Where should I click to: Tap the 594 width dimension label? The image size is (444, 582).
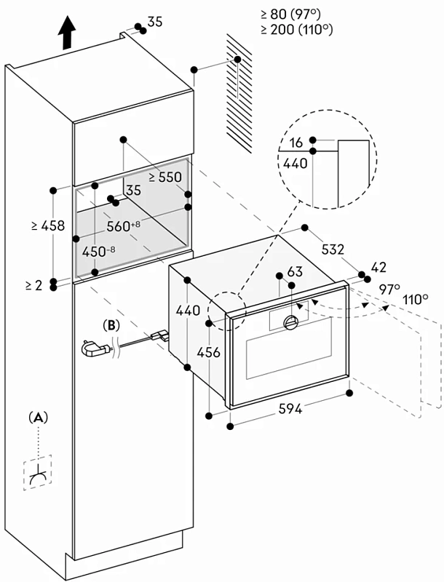point(290,409)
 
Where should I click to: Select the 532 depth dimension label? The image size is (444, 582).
point(333,250)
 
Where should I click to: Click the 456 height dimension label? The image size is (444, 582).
point(209,352)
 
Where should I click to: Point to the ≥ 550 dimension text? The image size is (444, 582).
point(165,177)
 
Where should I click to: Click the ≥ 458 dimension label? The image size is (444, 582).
point(48,226)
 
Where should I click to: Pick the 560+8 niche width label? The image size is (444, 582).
point(123,226)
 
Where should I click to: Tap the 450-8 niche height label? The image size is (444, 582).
point(98,252)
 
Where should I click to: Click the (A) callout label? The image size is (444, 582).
point(39,418)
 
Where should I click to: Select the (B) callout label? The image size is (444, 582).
point(111,325)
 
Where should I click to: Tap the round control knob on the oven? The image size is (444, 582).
point(290,322)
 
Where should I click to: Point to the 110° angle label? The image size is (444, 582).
point(415,299)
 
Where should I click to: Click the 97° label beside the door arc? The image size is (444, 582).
point(390,289)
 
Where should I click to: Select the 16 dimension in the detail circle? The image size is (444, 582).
point(296,142)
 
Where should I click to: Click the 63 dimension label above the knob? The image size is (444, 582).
point(295,271)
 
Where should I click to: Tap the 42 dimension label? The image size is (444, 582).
point(378,267)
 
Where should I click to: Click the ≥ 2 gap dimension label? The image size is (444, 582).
point(33,285)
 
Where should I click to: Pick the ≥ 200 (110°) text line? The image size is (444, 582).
point(297,29)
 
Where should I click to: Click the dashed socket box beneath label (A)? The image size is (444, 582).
point(38,472)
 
